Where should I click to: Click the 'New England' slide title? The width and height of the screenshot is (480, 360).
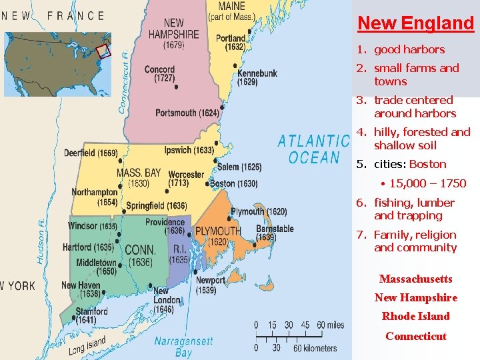[415, 23]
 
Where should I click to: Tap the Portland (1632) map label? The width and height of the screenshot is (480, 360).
[231, 43]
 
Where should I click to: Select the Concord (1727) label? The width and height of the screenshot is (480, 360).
[159, 73]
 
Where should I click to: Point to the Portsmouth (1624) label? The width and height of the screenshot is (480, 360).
[187, 113]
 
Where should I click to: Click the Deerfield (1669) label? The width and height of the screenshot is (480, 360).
[91, 153]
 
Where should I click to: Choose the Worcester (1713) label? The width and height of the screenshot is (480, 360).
[186, 179]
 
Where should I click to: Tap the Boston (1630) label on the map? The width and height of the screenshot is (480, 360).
[233, 183]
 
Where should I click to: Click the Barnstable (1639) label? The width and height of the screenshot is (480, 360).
[275, 233]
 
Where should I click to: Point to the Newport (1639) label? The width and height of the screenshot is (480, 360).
[211, 285]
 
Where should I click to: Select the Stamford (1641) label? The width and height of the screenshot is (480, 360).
[91, 315]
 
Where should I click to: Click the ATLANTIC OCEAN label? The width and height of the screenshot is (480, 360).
[314, 149]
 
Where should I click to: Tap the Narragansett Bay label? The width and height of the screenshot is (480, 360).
[183, 347]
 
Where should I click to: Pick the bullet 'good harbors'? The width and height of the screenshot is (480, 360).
[409, 49]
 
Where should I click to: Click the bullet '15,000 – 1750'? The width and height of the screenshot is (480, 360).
[427, 183]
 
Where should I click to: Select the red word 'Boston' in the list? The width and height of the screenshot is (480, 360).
[428, 164]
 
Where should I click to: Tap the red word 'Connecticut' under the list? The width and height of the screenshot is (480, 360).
[416, 336]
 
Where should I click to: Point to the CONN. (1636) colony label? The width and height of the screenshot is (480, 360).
[140, 255]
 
